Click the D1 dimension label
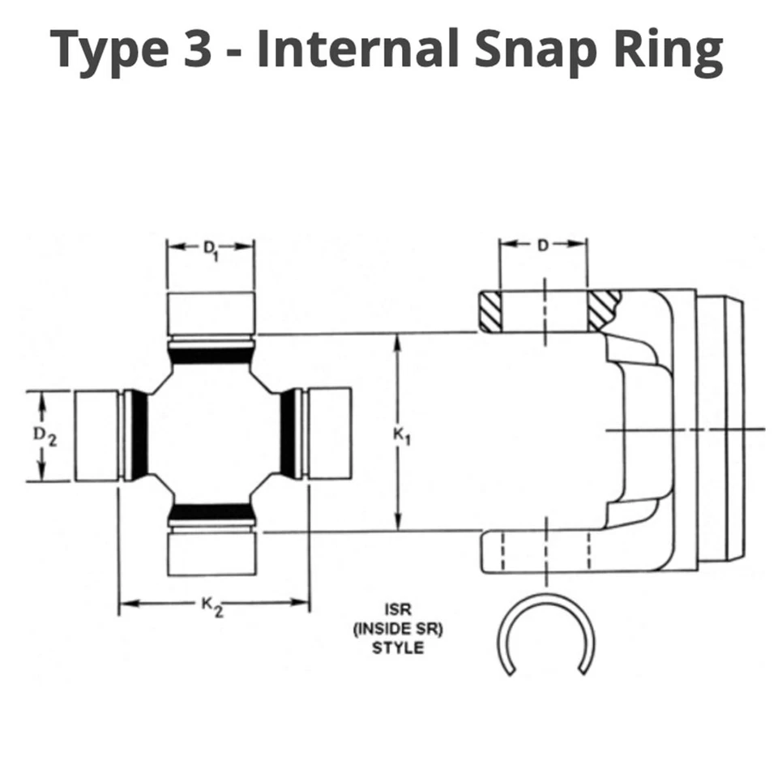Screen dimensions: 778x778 click(x=211, y=249)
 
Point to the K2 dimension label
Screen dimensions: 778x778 click(x=212, y=605)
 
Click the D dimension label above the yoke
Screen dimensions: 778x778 click(x=543, y=245)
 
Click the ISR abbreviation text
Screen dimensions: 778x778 click(x=398, y=609)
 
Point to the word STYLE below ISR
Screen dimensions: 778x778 click(x=398, y=648)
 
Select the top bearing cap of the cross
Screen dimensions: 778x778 click(x=211, y=312)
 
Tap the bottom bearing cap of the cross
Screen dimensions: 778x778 click(x=211, y=554)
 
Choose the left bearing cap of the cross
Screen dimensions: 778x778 click(x=97, y=434)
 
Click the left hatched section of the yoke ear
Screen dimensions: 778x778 click(x=489, y=311)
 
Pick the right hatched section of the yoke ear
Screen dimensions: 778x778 click(x=603, y=310)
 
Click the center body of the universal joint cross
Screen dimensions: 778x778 click(x=212, y=434)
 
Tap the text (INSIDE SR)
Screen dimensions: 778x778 click(x=398, y=629)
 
